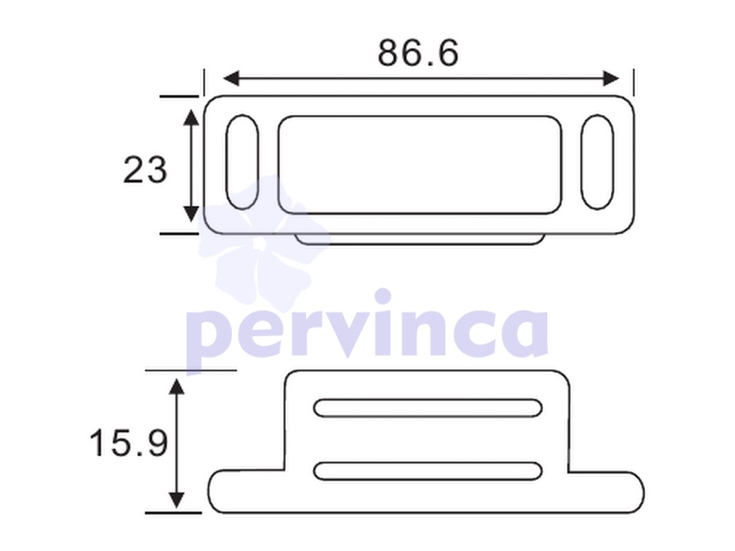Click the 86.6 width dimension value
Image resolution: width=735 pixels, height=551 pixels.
417,52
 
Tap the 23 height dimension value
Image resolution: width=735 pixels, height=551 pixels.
145,169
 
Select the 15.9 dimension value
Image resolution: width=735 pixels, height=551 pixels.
128,443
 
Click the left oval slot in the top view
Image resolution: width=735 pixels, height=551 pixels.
242,162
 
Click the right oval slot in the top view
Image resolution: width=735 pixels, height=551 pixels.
597,162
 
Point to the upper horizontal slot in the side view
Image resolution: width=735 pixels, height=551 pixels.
428,408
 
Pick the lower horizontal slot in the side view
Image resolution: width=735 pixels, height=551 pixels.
428,471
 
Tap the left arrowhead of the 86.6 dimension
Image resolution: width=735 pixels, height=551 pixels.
231,78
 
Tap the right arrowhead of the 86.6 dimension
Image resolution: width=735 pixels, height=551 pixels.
611,78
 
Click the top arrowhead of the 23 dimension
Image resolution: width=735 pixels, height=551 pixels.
191,118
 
